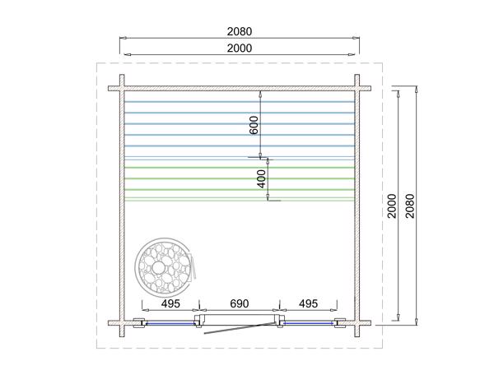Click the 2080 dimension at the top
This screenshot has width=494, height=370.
(240, 31)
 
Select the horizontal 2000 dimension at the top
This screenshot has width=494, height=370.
(240, 49)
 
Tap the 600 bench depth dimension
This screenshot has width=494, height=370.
(254, 124)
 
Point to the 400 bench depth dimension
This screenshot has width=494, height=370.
(262, 178)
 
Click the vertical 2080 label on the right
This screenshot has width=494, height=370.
(409, 205)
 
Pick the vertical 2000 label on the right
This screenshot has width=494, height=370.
(393, 206)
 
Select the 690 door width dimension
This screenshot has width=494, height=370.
(239, 304)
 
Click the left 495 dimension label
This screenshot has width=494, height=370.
(170, 304)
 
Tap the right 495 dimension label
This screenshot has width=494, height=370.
(308, 304)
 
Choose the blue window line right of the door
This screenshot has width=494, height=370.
(308, 323)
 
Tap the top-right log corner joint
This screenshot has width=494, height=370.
(358, 85)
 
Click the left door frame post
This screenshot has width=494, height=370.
(198, 321)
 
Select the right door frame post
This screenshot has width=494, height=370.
(279, 321)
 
